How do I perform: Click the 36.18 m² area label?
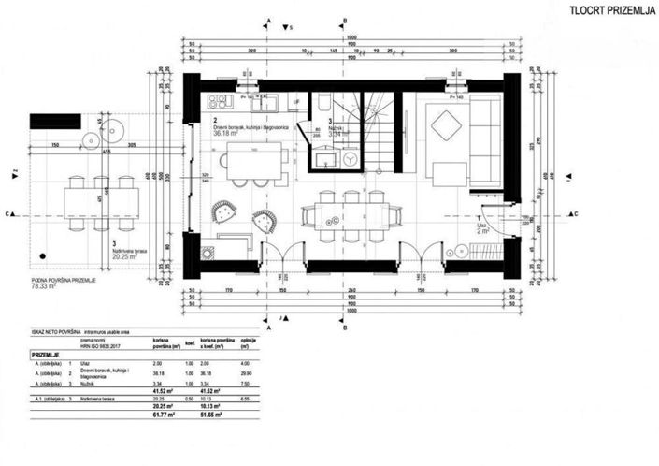[229, 136]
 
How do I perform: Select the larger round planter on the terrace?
[93, 140]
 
